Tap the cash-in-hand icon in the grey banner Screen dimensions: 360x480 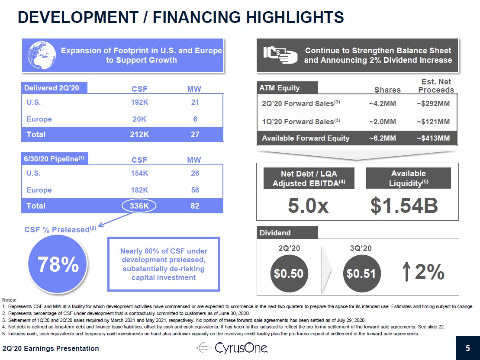pyautogui.click(x=280, y=55)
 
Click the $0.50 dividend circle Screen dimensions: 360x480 pyautogui.click(x=290, y=273)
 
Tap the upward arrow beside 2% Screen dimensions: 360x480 pyautogui.click(x=407, y=272)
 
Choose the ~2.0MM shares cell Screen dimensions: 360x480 pyautogui.click(x=383, y=122)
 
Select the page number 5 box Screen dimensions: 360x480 pyautogui.click(x=467, y=348)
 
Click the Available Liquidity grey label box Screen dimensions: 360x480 pyautogui.click(x=408, y=178)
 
